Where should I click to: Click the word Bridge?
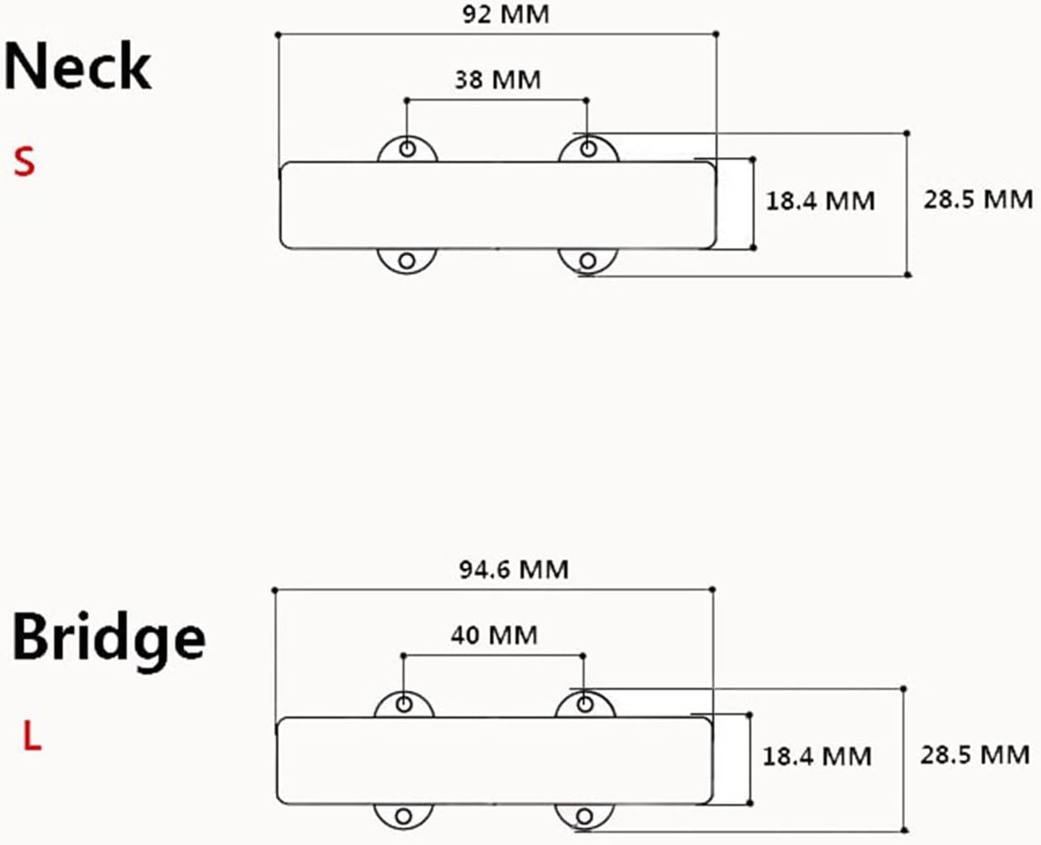pos(109,638)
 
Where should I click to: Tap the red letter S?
pos(24,161)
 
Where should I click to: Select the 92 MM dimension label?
pos(506,14)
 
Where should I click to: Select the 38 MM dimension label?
pos(497,80)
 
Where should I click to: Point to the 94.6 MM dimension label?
pos(513,570)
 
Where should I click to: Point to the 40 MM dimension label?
pos(493,635)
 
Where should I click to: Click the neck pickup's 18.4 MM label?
pos(820,200)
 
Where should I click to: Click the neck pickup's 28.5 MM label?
pos(978,199)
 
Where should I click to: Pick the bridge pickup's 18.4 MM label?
pos(816,756)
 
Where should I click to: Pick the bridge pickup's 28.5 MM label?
pos(975,754)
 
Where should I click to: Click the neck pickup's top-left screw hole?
pos(408,149)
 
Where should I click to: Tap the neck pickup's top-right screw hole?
pos(588,149)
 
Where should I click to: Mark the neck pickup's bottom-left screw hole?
pos(408,261)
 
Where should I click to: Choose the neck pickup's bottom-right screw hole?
pos(588,262)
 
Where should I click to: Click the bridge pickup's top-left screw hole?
pos(405,704)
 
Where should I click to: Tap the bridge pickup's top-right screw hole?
pos(584,704)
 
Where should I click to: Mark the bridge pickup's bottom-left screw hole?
pos(405,816)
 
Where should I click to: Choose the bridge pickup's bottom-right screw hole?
pos(584,816)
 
